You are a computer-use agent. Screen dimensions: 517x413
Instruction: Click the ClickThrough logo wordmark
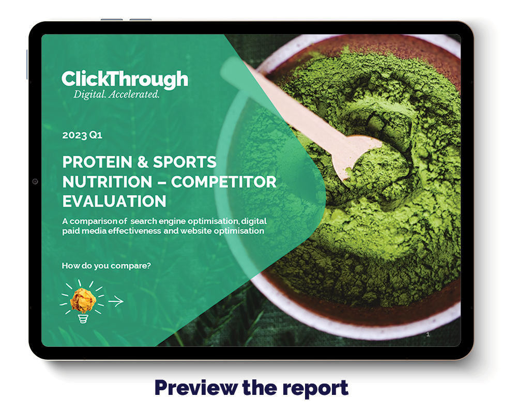pyautogui.click(x=125, y=79)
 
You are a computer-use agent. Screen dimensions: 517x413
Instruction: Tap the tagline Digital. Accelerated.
pyautogui.click(x=116, y=95)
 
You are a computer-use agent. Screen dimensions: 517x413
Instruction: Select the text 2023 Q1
pyautogui.click(x=82, y=135)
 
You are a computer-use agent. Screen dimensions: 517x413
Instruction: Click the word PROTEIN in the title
pyautogui.click(x=97, y=162)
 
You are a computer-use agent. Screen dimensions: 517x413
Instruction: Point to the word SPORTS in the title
pyautogui.click(x=185, y=162)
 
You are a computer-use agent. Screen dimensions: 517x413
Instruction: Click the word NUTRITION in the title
pyautogui.click(x=107, y=182)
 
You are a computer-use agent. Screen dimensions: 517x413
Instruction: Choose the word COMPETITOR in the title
pyautogui.click(x=223, y=182)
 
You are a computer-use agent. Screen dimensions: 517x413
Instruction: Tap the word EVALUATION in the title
pyautogui.click(x=114, y=202)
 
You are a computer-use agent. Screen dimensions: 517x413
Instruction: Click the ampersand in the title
pyautogui.click(x=143, y=162)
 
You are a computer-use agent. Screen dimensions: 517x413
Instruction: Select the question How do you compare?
pyautogui.click(x=106, y=266)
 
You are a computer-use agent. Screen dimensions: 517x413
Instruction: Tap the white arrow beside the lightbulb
pyautogui.click(x=116, y=301)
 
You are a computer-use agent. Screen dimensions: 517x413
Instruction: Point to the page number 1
pyautogui.click(x=428, y=334)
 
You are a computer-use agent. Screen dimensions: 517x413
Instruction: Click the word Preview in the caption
pyautogui.click(x=196, y=388)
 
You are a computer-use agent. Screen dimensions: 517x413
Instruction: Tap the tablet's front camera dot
pyautogui.click(x=35, y=181)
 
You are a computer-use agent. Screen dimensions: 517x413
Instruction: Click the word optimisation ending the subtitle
pyautogui.click(x=239, y=231)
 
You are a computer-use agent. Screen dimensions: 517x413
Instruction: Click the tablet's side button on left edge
pyautogui.click(x=27, y=65)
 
